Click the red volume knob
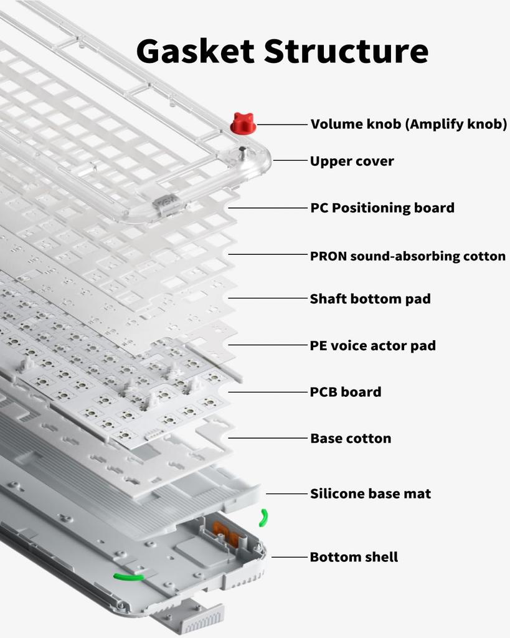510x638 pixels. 243,123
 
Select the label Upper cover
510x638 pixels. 352,161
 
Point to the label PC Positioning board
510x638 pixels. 382,207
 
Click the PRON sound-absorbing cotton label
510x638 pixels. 408,256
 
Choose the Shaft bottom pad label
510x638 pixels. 371,299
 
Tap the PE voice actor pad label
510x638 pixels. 373,346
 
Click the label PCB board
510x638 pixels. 346,392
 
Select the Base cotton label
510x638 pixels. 351,439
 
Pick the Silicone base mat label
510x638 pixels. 371,494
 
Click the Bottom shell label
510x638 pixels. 354,557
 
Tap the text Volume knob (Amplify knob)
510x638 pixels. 408,124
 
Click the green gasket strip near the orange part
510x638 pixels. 264,517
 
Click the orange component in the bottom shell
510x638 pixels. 224,530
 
